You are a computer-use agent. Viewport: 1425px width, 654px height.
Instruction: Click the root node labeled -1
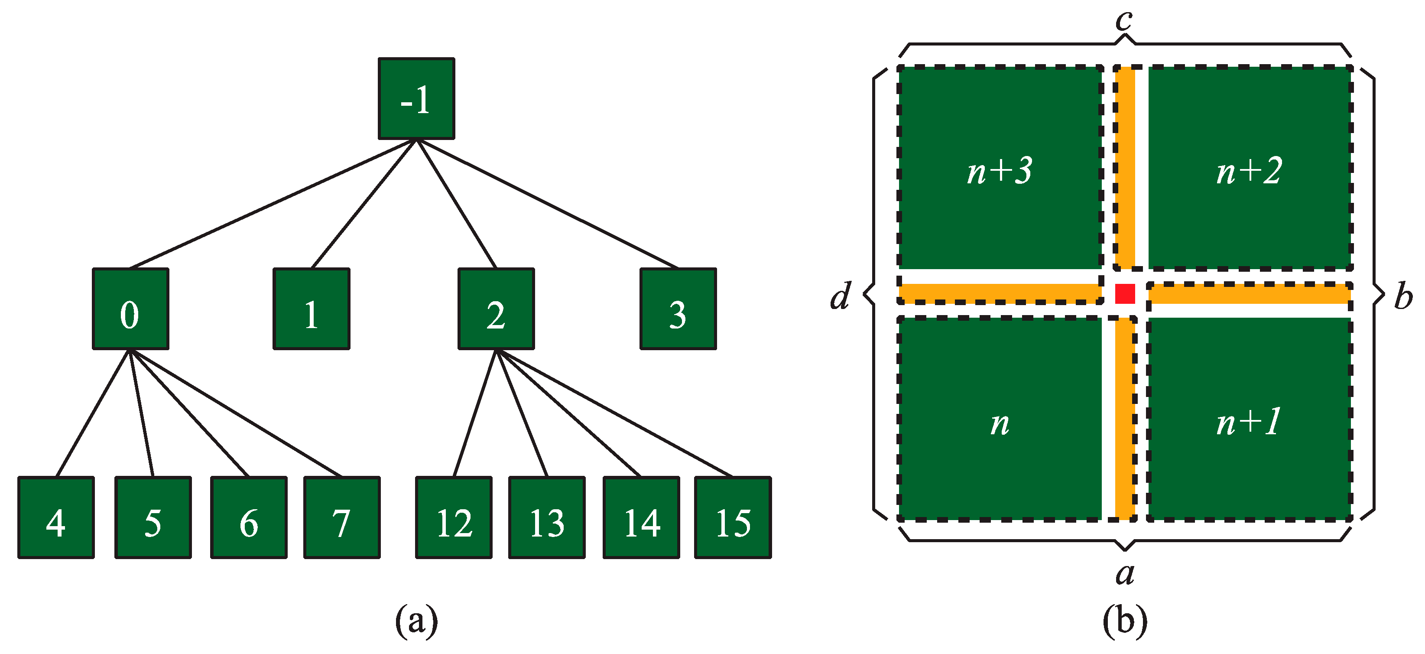pyautogui.click(x=416, y=98)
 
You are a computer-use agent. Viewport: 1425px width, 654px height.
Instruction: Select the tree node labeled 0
pyautogui.click(x=130, y=309)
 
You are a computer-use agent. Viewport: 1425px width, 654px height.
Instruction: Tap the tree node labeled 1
pyautogui.click(x=312, y=309)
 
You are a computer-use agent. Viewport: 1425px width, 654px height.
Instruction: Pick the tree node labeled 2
pyautogui.click(x=496, y=309)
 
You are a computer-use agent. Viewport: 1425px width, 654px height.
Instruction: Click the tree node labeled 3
pyautogui.click(x=678, y=309)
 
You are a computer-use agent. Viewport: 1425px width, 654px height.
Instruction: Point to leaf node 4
pyautogui.click(x=56, y=517)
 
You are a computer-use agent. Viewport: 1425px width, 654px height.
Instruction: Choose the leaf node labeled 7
pyautogui.click(x=342, y=517)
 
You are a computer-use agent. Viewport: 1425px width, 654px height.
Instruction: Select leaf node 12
pyautogui.click(x=454, y=517)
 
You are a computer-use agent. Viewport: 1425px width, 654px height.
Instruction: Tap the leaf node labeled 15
pyautogui.click(x=733, y=517)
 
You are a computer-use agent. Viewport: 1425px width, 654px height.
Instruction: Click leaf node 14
pyautogui.click(x=641, y=517)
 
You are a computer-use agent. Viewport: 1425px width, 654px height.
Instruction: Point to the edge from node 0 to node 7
pyautogui.click(x=235, y=412)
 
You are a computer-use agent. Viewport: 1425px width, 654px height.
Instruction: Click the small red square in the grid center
pyautogui.click(x=1125, y=294)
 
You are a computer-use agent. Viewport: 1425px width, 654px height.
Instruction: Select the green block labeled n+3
pyautogui.click(x=1000, y=168)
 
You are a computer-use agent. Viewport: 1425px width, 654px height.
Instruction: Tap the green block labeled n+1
pyautogui.click(x=1249, y=419)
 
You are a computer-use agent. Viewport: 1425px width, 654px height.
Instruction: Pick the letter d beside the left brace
pyautogui.click(x=840, y=296)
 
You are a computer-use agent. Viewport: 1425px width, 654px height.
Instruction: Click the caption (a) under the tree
pyautogui.click(x=416, y=621)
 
